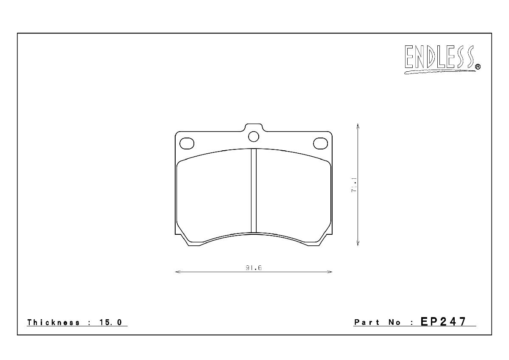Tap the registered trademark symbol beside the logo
[x=478, y=67]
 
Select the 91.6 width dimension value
[x=254, y=268]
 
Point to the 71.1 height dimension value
[x=354, y=185]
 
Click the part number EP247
[x=443, y=321]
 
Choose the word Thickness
[x=53, y=322]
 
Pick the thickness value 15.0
[x=111, y=322]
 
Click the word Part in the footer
[x=367, y=322]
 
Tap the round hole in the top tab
[x=254, y=137]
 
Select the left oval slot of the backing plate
[x=187, y=143]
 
